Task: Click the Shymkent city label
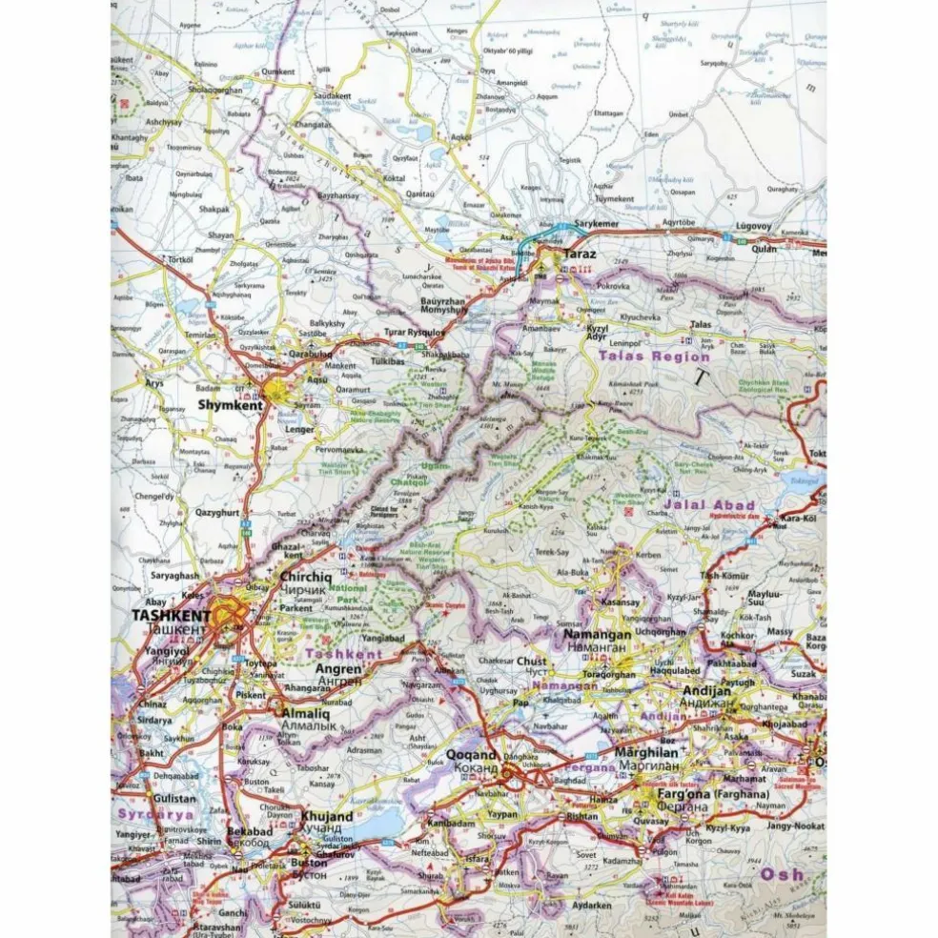[229, 404]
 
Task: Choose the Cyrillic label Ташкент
[173, 630]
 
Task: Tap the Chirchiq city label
[305, 577]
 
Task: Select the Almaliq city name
[304, 711]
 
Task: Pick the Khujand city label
[326, 817]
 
